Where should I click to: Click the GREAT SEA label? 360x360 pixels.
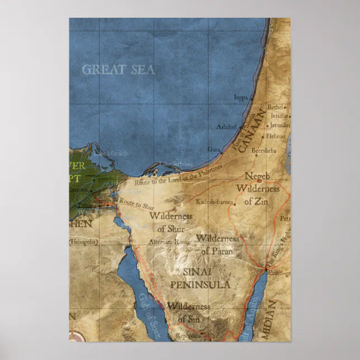(x=118, y=70)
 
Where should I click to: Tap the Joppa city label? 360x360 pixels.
(x=240, y=98)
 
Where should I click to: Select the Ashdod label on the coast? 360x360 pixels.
(x=226, y=127)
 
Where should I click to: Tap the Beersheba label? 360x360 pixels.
(x=263, y=150)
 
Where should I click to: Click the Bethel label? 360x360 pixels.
(x=276, y=107)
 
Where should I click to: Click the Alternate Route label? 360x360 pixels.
(x=169, y=242)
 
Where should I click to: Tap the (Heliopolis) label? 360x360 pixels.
(x=83, y=243)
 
